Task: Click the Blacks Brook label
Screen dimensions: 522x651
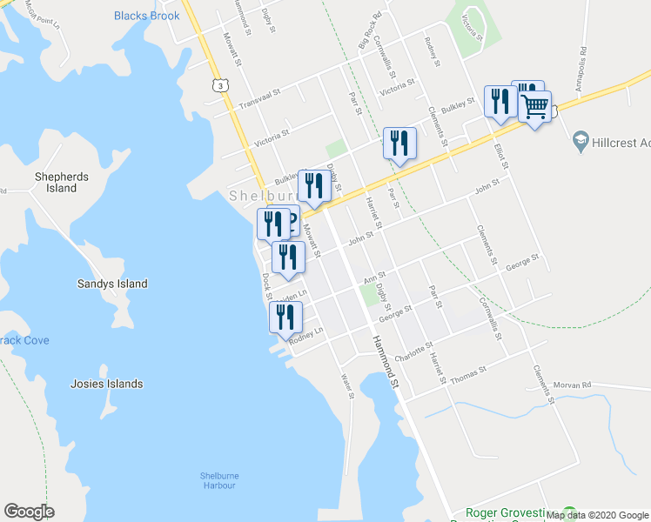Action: [147, 16]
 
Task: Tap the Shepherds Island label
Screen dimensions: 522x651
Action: [62, 182]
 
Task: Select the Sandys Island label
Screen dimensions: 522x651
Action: [112, 284]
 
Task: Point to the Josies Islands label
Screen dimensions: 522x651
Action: [107, 384]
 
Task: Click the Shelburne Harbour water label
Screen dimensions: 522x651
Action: [219, 480]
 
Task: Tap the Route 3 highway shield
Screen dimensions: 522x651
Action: [222, 85]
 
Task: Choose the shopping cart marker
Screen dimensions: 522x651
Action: [535, 107]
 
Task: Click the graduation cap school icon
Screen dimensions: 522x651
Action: [580, 140]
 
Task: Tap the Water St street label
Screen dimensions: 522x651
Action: [348, 385]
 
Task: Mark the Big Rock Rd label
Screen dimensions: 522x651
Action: [370, 53]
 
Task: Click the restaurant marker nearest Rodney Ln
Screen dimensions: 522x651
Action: [285, 318]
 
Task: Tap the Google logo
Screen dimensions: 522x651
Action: [29, 512]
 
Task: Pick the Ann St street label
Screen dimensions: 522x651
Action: [374, 277]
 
